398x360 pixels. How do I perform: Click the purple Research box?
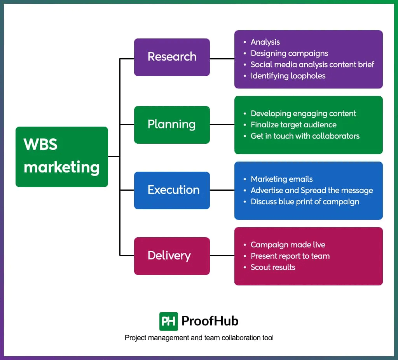[x=172, y=57]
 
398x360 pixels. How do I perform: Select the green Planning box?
[x=172, y=125]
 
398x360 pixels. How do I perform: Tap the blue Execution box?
[x=172, y=190]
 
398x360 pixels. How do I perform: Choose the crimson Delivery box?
[x=172, y=256]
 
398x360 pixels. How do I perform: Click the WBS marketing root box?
[x=62, y=157]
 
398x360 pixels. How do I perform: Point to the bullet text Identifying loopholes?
[x=288, y=76]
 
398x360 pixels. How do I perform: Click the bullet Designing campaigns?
[x=289, y=53]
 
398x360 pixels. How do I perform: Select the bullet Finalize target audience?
[x=293, y=125]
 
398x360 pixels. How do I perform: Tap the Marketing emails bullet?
[x=282, y=179]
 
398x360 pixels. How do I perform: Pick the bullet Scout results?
[x=273, y=267]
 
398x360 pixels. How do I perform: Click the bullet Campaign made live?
[x=288, y=245]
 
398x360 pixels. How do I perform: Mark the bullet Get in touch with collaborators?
[x=305, y=136]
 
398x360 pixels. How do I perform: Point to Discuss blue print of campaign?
[x=305, y=202]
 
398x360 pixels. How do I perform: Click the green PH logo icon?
[x=169, y=321]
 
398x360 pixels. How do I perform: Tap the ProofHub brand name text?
[x=210, y=321]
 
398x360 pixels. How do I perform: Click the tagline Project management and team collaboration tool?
[x=199, y=338]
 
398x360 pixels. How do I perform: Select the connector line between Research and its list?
[x=222, y=59]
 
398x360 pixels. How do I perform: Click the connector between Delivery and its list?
[x=222, y=256]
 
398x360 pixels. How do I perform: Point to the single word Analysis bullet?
[x=265, y=42]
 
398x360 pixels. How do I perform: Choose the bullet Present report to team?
[x=290, y=256]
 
